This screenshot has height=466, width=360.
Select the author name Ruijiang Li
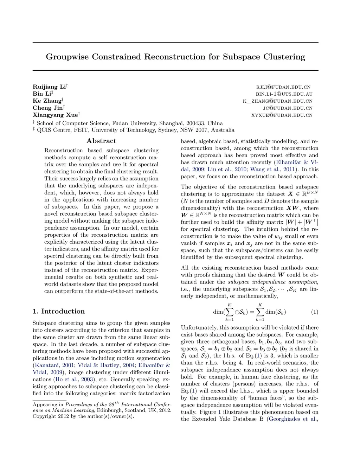pyautogui.click(x=50, y=87)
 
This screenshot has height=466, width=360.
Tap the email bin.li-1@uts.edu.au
pyautogui.click(x=284, y=94)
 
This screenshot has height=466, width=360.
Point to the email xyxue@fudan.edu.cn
pyautogui.click(x=282, y=115)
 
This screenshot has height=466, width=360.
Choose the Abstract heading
pyautogui.click(x=101, y=141)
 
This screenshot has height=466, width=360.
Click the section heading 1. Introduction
pyautogui.click(x=59, y=311)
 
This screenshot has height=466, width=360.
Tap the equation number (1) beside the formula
pyautogui.click(x=315, y=312)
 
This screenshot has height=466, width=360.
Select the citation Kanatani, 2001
pyautogui.click(x=54, y=365)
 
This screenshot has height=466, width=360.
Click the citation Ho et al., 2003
pyautogui.click(x=75, y=379)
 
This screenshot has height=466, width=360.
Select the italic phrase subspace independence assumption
pyautogui.click(x=272, y=282)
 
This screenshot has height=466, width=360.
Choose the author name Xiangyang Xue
pyautogui.click(x=55, y=115)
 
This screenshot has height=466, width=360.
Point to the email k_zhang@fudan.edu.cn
pyautogui.click(x=277, y=101)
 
